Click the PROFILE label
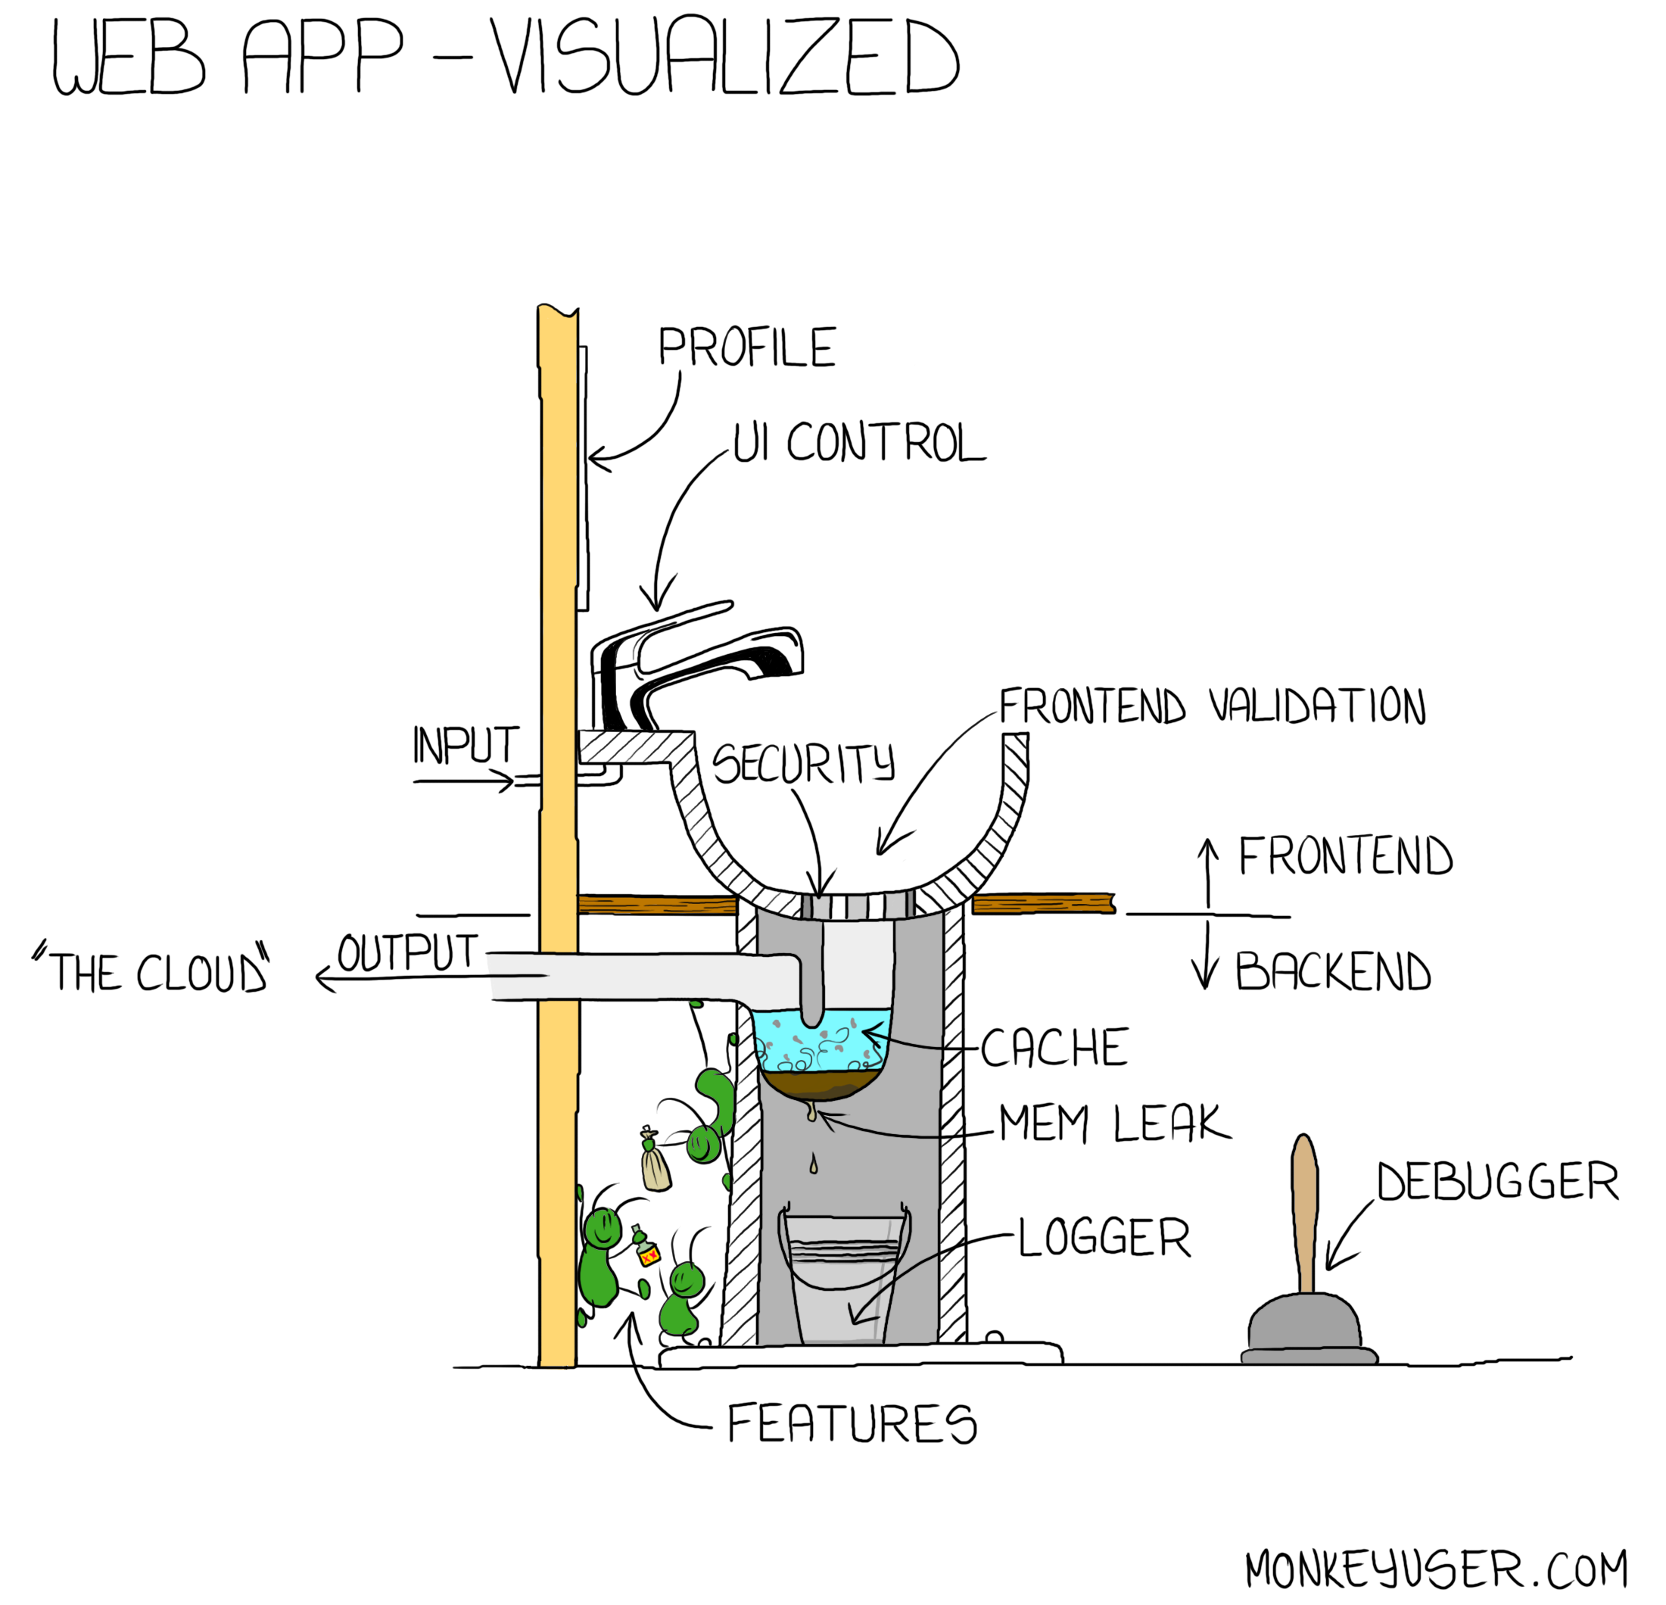pyautogui.click(x=747, y=347)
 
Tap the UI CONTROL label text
pyautogui.click(x=858, y=443)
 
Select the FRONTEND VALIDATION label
pyautogui.click(x=1212, y=707)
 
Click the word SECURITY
pyautogui.click(x=803, y=762)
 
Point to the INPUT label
pyautogui.click(x=466, y=746)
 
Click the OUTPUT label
pyautogui.click(x=408, y=952)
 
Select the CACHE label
pyautogui.click(x=1054, y=1047)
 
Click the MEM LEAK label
pyautogui.click(x=1113, y=1123)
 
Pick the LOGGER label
pyautogui.click(x=1104, y=1238)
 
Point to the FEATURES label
pyautogui.click(x=852, y=1424)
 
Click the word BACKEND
pyautogui.click(x=1333, y=971)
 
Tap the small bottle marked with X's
pyautogui.click(x=647, y=1250)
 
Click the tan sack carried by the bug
pyautogui.click(x=656, y=1169)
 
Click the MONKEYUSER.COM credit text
pyautogui.click(x=1436, y=1569)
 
